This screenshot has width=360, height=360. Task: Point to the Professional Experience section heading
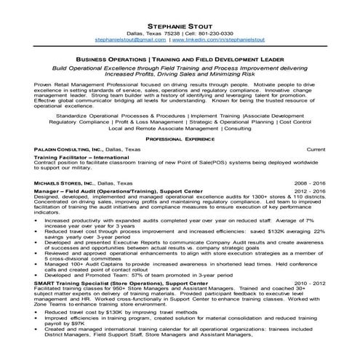180,137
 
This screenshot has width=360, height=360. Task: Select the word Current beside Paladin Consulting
313,148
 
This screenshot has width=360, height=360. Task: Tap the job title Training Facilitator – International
81,158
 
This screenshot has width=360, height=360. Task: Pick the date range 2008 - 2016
308,183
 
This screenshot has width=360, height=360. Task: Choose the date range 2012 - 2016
308,191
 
